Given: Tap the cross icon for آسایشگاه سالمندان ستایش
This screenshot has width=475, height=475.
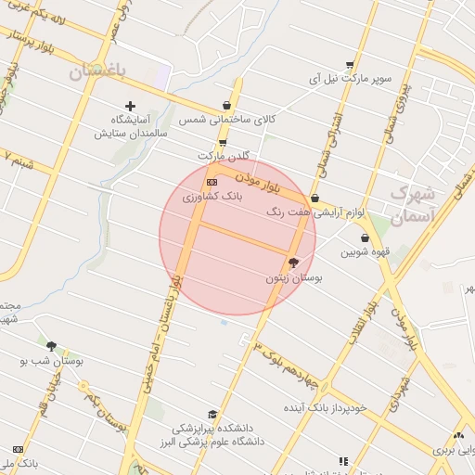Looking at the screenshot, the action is coord(130,106).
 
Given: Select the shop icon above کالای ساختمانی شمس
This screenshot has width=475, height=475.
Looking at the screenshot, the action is coord(227,106).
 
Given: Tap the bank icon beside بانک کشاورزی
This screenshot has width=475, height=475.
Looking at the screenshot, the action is coord(212,182).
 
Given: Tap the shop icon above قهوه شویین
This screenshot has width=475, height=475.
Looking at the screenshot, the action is coord(365,237).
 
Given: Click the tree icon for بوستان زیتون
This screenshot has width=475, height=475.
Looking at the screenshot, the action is coord(294,263).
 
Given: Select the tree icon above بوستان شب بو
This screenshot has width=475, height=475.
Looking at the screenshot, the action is coord(51,346).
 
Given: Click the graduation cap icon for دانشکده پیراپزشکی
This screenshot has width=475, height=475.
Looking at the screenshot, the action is coord(212,415).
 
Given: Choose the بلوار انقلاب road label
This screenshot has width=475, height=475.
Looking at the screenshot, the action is coord(360,321).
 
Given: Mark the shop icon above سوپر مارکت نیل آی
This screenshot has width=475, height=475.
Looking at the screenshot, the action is coord(349,65).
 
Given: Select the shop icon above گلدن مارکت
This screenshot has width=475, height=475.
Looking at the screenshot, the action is coord(223,142).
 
